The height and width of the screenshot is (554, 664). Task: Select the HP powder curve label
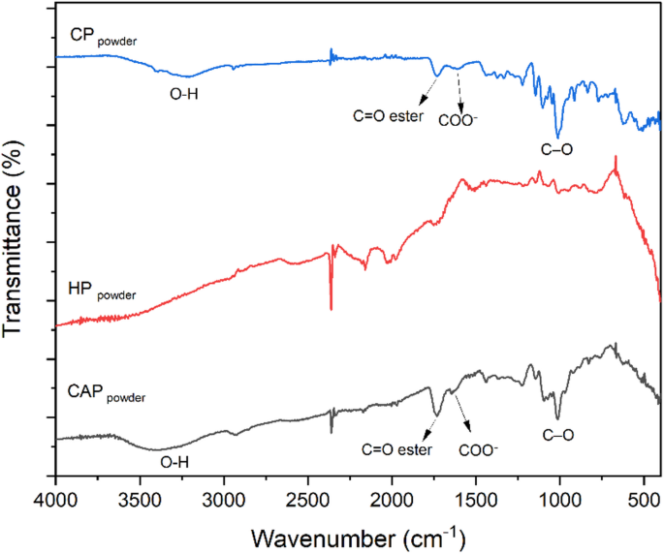tap(102, 291)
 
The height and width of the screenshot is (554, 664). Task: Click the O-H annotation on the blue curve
tap(186, 94)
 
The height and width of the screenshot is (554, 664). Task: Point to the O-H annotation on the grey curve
tap(174, 463)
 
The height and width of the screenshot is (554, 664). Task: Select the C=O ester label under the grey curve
tap(396, 449)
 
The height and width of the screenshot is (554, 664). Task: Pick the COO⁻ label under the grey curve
tap(478, 449)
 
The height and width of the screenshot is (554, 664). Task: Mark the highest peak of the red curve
tap(615, 159)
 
